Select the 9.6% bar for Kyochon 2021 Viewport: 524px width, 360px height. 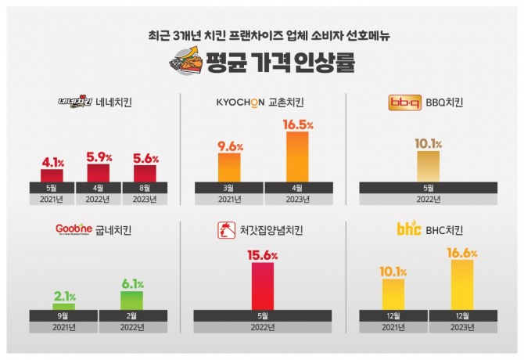(x=229, y=167)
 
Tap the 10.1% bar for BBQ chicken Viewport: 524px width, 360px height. (x=428, y=166)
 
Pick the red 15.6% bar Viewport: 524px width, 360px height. (x=263, y=286)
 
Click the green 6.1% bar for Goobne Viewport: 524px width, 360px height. (x=131, y=301)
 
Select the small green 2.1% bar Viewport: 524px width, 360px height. (x=64, y=307)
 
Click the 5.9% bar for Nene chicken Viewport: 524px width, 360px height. (x=99, y=172)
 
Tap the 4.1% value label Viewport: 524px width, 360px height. (x=52, y=163)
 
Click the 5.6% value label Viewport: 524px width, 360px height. (x=145, y=157)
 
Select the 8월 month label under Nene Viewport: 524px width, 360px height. (x=145, y=187)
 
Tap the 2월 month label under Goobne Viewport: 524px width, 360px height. (x=131, y=315)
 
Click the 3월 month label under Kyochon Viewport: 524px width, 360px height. (x=229, y=187)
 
